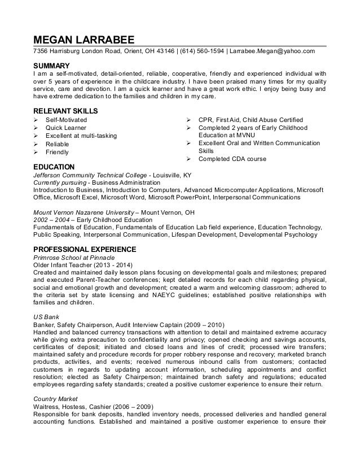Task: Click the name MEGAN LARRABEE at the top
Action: (x=83, y=40)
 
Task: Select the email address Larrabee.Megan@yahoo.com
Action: (x=272, y=52)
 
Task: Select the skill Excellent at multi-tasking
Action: (x=82, y=136)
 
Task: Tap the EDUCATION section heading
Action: (x=55, y=167)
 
